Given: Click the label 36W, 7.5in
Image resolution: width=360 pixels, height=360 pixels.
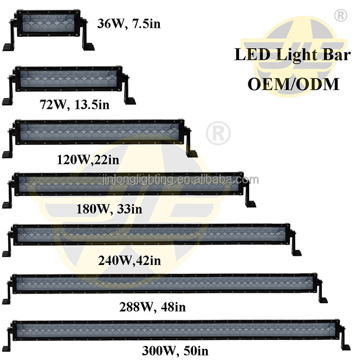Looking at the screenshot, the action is click(x=129, y=24).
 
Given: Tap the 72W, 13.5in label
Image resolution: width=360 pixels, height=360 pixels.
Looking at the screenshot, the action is click(x=74, y=105).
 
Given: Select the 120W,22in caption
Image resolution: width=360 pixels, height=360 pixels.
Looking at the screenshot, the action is click(x=88, y=159).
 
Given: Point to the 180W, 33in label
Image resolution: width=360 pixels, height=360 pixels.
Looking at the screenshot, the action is click(x=109, y=209).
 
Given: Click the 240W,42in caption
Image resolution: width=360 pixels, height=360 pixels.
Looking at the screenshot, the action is click(x=130, y=260).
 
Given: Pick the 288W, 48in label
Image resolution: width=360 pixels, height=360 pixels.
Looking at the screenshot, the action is click(x=153, y=307).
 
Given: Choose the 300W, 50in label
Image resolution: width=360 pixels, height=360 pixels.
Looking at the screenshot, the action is click(x=175, y=350).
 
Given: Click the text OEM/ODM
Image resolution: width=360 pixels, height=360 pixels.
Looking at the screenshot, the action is click(x=293, y=84).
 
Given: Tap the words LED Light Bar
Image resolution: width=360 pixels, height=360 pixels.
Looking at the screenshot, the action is click(x=292, y=55).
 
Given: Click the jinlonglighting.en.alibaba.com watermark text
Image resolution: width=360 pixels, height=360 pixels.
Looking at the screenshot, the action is click(x=180, y=180).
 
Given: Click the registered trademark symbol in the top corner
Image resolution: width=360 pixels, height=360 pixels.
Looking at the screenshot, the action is click(x=340, y=15).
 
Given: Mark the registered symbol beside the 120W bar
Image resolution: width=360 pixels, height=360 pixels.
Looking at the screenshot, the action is click(x=218, y=133).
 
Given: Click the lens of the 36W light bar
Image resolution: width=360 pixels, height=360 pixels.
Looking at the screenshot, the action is click(x=45, y=24).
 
